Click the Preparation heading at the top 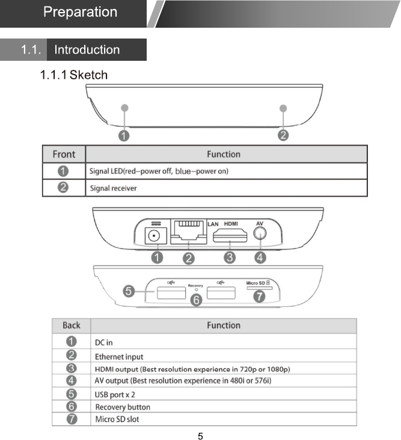pyautogui.click(x=79, y=12)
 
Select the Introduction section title pyautogui.click(x=87, y=50)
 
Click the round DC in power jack pyautogui.click(x=157, y=236)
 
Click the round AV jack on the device pyautogui.click(x=260, y=234)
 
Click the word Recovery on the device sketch pyautogui.click(x=195, y=285)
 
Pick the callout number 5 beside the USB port pyautogui.click(x=129, y=291)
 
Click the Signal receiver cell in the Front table pyautogui.click(x=113, y=188)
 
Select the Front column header pyautogui.click(x=64, y=154)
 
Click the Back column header pyautogui.click(x=71, y=326)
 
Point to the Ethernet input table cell pyautogui.click(x=119, y=356)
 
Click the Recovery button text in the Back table pyautogui.click(x=123, y=407)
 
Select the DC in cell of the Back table pyautogui.click(x=104, y=342)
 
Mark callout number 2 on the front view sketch pyautogui.click(x=283, y=135)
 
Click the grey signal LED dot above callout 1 pyautogui.click(x=124, y=108)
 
